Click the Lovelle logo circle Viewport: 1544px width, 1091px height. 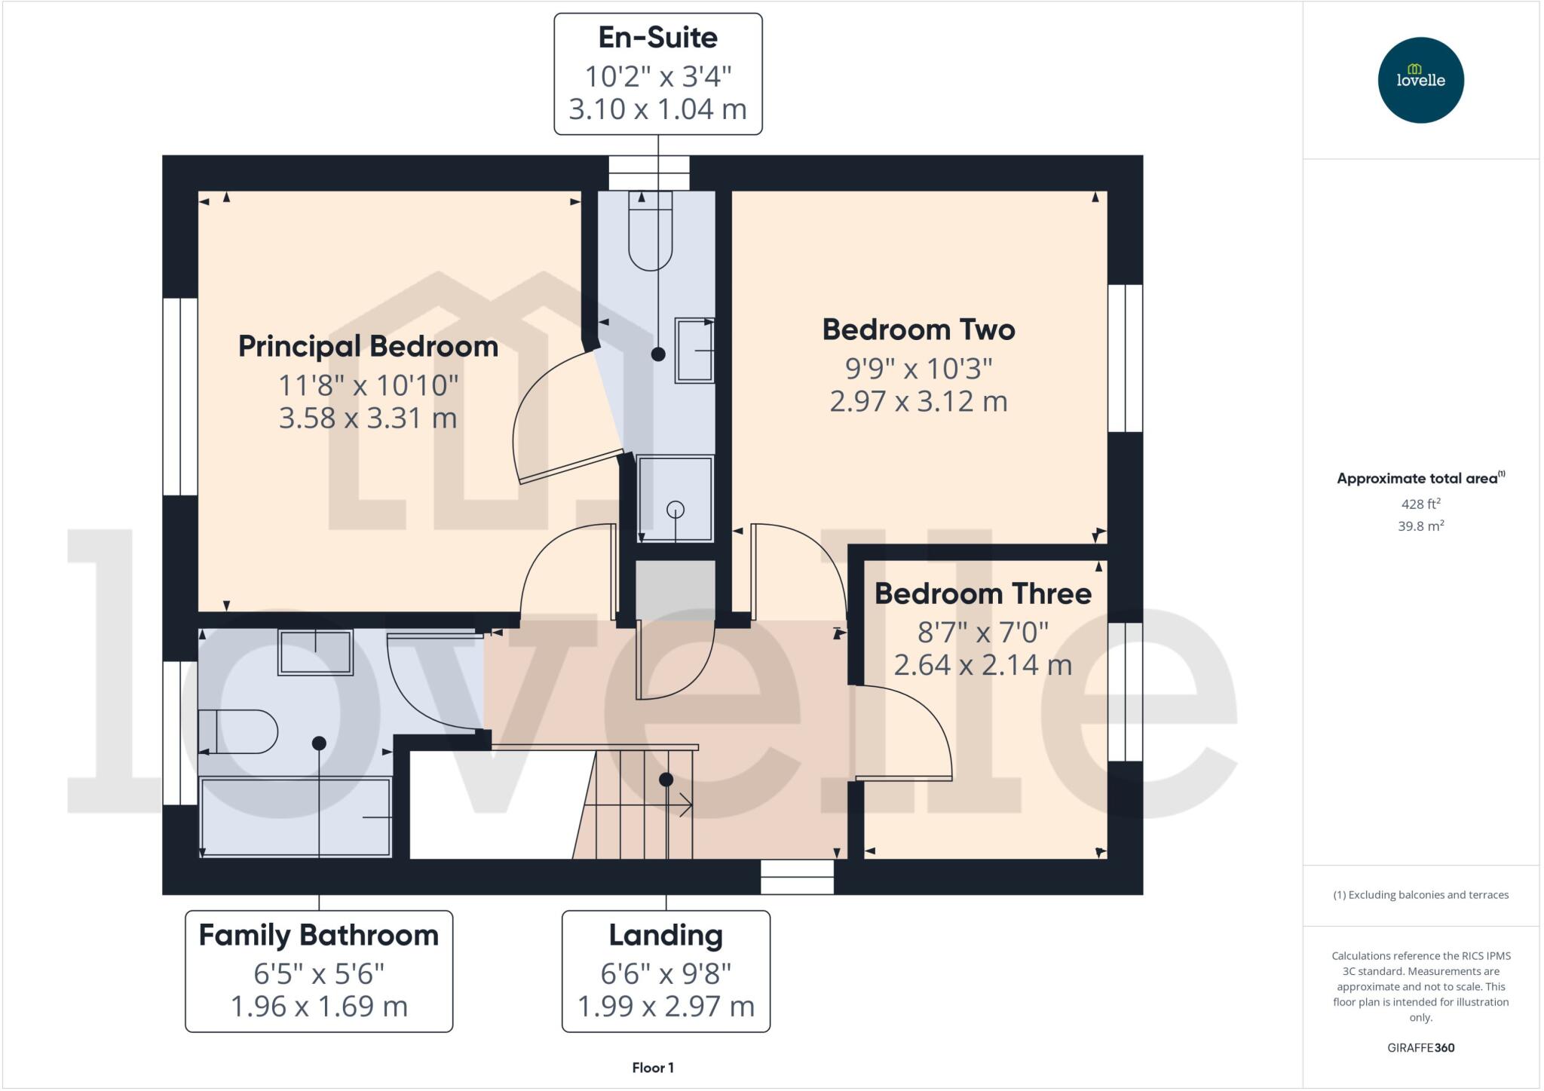[1420, 80]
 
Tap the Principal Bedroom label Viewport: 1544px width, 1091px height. [368, 347]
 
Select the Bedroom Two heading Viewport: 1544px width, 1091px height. [918, 330]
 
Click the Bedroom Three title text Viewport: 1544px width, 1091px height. [982, 594]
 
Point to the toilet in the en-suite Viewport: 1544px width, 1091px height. [650, 232]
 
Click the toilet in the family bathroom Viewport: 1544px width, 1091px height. [238, 731]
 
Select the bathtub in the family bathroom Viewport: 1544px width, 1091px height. [296, 817]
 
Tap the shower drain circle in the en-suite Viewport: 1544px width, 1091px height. [675, 510]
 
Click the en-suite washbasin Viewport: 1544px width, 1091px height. [694, 351]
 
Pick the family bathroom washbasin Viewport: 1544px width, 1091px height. [315, 651]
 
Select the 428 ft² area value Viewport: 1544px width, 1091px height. [1420, 504]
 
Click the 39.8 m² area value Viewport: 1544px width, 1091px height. [1420, 526]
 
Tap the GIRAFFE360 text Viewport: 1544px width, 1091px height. [1420, 1047]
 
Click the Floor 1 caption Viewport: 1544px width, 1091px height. [653, 1068]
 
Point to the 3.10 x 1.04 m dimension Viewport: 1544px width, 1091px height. [657, 109]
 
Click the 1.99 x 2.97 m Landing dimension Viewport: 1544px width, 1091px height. [666, 1007]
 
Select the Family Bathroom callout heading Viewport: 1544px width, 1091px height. [318, 936]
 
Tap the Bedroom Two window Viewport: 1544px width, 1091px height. [1125, 358]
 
